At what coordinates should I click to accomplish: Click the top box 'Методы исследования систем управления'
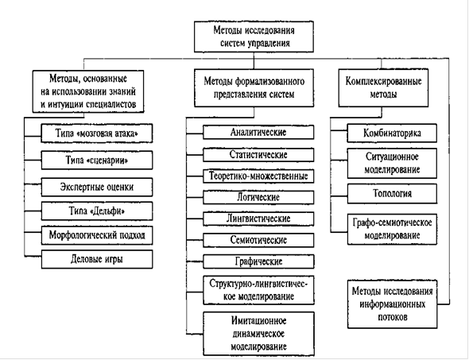pyautogui.click(x=254, y=37)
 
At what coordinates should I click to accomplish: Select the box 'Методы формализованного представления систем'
pyautogui.click(x=254, y=88)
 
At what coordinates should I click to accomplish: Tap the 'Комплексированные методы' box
pyautogui.click(x=383, y=87)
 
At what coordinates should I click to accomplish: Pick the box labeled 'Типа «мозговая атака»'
pyautogui.click(x=97, y=134)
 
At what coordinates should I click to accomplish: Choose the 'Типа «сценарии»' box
pyautogui.click(x=97, y=161)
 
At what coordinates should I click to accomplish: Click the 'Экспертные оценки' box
pyautogui.click(x=97, y=188)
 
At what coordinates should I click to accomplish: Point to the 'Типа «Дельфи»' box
pyautogui.click(x=97, y=211)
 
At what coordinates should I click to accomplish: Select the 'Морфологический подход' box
pyautogui.click(x=97, y=235)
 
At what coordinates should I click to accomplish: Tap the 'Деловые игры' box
pyautogui.click(x=97, y=259)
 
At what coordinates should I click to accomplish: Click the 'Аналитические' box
pyautogui.click(x=258, y=132)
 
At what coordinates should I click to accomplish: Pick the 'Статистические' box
pyautogui.click(x=258, y=155)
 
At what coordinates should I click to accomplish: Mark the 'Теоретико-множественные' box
pyautogui.click(x=258, y=176)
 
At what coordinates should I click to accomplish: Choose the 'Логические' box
pyautogui.click(x=258, y=197)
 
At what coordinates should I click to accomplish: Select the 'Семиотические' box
pyautogui.click(x=258, y=240)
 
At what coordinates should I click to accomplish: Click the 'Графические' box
pyautogui.click(x=258, y=261)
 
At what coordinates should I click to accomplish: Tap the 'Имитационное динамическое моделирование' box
pyautogui.click(x=258, y=334)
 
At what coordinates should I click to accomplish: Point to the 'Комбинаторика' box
pyautogui.click(x=392, y=133)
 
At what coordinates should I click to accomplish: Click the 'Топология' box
pyautogui.click(x=392, y=194)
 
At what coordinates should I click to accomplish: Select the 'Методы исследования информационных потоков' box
pyautogui.click(x=392, y=304)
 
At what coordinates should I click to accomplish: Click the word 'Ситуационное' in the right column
pyautogui.click(x=392, y=157)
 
